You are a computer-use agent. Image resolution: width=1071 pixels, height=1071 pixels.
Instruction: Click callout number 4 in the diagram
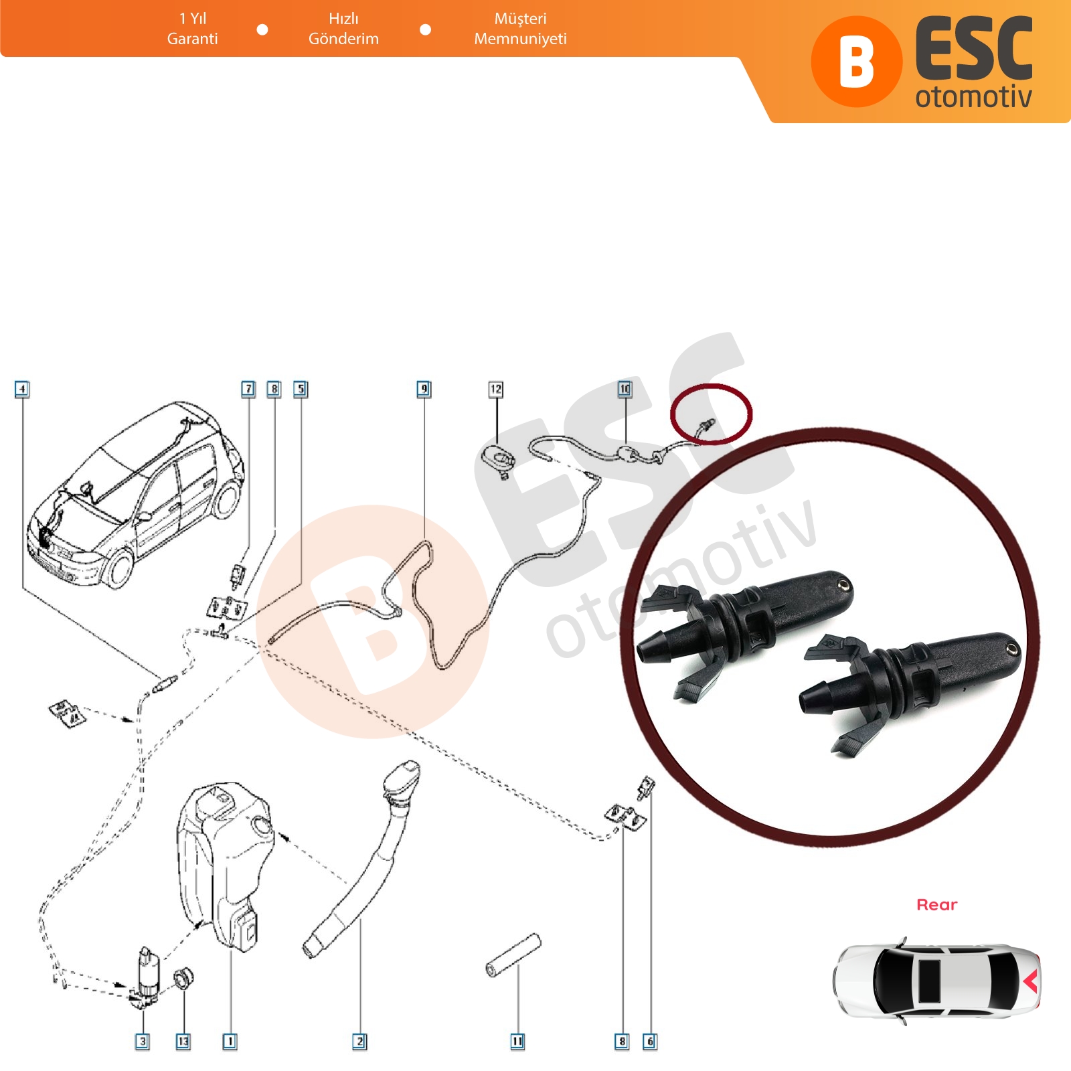click(x=22, y=389)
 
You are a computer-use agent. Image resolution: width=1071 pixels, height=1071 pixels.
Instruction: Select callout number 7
click(x=248, y=389)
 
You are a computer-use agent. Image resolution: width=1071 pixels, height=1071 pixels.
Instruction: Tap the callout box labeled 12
click(x=496, y=389)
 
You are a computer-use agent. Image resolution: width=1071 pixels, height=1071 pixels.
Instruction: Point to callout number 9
click(x=424, y=389)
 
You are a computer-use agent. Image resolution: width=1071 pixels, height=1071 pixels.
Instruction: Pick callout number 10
click(x=625, y=389)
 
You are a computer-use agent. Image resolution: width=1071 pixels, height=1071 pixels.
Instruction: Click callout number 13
click(x=183, y=1042)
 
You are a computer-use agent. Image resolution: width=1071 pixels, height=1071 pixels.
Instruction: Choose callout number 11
click(x=517, y=1042)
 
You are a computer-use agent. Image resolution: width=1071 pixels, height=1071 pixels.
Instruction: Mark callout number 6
click(x=649, y=1042)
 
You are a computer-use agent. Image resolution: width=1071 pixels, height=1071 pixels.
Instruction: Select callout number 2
click(x=360, y=1042)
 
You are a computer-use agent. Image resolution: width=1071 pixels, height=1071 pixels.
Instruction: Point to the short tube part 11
click(x=513, y=956)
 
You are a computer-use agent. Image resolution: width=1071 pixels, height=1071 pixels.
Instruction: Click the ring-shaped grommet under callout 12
click(x=499, y=458)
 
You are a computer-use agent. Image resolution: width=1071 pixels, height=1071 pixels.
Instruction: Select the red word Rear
click(x=936, y=904)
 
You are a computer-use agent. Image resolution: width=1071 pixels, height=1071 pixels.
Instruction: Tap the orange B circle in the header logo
click(x=857, y=62)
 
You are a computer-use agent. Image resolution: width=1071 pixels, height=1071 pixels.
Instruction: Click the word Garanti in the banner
click(x=192, y=39)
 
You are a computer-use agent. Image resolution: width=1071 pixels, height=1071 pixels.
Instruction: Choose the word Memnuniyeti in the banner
click(x=520, y=39)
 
